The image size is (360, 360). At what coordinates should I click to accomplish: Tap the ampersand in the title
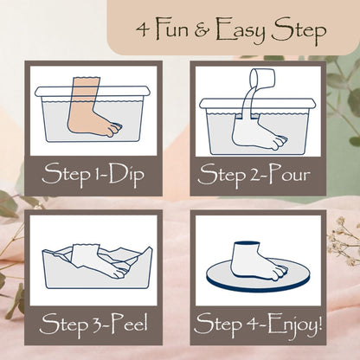pyautogui.click(x=202, y=30)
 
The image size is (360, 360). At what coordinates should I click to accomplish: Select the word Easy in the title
pyautogui.click(x=241, y=31)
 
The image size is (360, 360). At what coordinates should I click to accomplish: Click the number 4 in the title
pyautogui.click(x=142, y=29)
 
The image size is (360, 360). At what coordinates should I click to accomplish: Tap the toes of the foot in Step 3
pyautogui.click(x=120, y=273)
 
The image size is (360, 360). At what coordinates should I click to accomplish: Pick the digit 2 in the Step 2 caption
pyautogui.click(x=252, y=175)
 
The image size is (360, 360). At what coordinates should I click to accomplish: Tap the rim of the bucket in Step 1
pyautogui.click(x=93, y=92)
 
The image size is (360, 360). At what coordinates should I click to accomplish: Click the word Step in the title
pyautogui.click(x=299, y=31)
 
